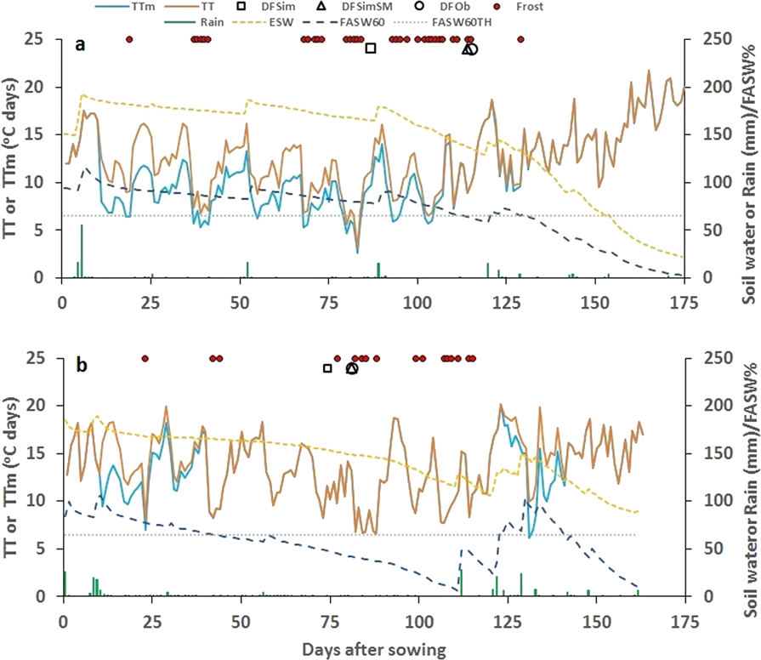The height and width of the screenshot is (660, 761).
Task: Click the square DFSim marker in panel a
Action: (x=371, y=48)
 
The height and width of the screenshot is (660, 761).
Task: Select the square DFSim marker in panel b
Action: (x=327, y=368)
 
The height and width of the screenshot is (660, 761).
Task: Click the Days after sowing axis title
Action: (x=373, y=651)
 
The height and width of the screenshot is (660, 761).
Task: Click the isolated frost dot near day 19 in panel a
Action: (x=129, y=39)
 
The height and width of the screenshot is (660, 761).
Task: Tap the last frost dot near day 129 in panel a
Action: (x=520, y=39)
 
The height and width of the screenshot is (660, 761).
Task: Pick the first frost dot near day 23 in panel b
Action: (x=145, y=359)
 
